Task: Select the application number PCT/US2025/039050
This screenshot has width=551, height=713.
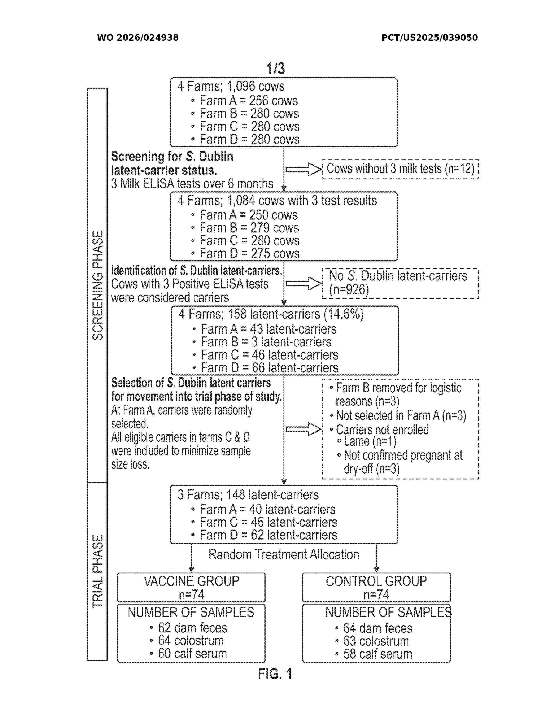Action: tap(429, 38)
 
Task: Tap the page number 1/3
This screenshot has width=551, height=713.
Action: tap(275, 68)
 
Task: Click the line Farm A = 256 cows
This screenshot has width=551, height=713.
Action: tap(248, 101)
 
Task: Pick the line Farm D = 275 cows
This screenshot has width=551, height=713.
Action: tap(249, 254)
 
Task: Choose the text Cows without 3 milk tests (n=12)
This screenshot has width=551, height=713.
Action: tap(400, 169)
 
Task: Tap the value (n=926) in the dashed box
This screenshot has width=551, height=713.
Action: tap(349, 290)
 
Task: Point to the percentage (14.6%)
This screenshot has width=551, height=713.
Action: tap(343, 314)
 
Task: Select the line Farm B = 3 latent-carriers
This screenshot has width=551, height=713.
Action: tap(266, 342)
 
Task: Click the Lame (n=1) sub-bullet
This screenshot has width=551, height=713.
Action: tap(370, 441)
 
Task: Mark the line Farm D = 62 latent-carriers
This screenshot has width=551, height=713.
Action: tap(268, 535)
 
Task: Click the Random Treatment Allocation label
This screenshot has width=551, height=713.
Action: tap(284, 555)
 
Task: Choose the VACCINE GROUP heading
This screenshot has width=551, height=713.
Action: tap(191, 581)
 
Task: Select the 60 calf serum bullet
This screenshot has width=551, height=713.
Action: tap(192, 654)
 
